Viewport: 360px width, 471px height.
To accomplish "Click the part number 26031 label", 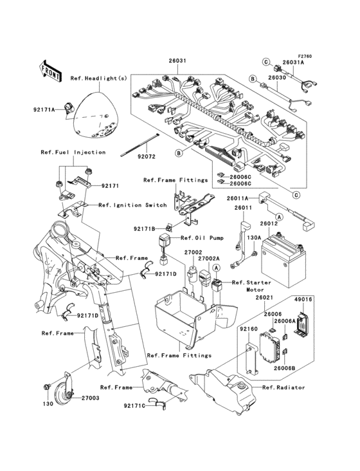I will [x=177, y=60].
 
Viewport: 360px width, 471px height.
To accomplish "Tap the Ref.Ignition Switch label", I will [x=132, y=205].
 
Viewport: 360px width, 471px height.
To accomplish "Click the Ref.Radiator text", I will [x=283, y=387].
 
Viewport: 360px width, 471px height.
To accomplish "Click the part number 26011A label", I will [x=237, y=199].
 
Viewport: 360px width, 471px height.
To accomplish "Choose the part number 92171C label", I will [x=137, y=405].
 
